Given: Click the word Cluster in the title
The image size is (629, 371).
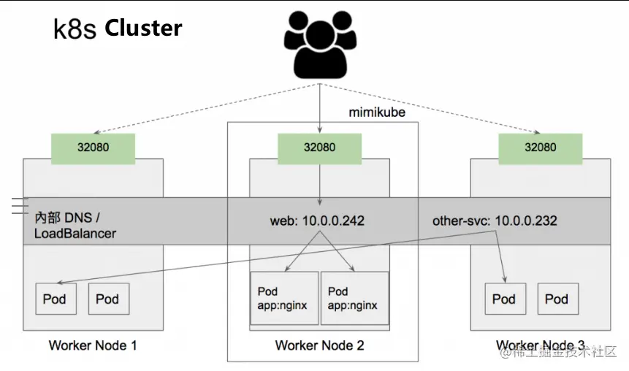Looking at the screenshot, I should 143,28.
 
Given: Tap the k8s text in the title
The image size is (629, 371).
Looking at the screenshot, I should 75,29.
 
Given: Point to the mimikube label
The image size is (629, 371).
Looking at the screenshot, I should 377,112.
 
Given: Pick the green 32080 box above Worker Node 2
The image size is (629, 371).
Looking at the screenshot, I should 319,147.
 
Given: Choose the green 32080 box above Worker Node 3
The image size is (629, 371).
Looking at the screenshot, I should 540,147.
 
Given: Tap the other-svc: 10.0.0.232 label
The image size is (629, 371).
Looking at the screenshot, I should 495,221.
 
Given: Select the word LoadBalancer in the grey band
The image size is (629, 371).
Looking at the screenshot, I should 75,234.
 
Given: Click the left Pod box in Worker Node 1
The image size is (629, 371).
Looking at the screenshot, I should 55,299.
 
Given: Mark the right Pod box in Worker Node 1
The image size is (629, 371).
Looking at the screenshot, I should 107,299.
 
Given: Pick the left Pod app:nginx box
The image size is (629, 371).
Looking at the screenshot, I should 284,299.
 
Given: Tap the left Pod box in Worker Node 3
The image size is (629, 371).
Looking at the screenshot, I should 504,299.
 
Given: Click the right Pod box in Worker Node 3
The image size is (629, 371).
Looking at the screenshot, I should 557,299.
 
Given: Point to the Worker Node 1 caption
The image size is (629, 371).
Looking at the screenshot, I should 93,345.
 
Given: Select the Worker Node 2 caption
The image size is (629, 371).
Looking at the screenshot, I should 319,345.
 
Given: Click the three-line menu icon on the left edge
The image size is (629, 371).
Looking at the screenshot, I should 20,207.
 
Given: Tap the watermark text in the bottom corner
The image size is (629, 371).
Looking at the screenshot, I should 558,353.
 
